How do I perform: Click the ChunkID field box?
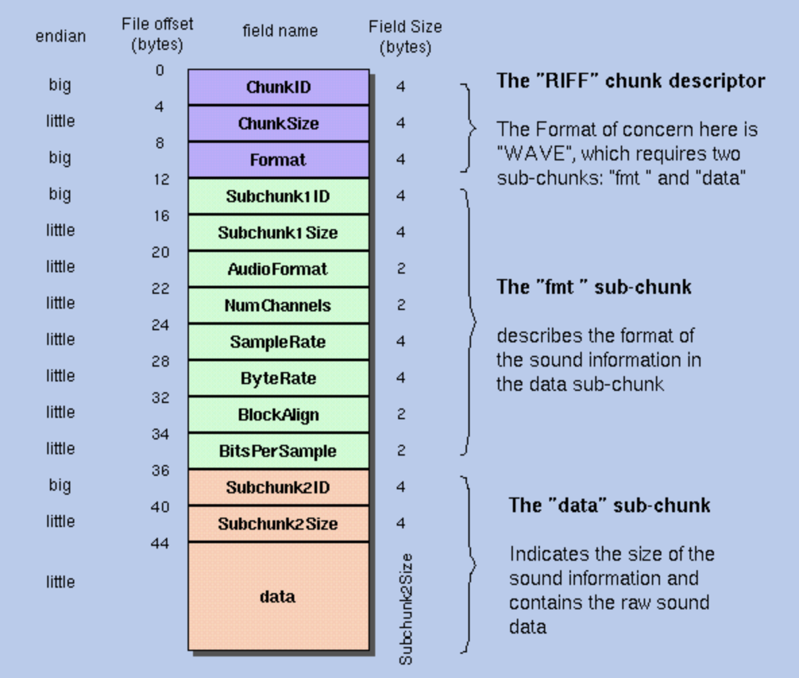pyautogui.click(x=278, y=87)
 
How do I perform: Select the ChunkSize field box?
pyautogui.click(x=278, y=123)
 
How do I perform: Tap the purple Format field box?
pyautogui.click(x=278, y=160)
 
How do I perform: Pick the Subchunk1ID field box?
pyautogui.click(x=278, y=196)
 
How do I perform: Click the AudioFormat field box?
pyautogui.click(x=278, y=269)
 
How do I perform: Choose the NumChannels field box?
pyautogui.click(x=278, y=305)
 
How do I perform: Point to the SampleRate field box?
pyautogui.click(x=278, y=342)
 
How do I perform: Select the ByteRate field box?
pyautogui.click(x=278, y=378)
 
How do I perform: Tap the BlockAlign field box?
pyautogui.click(x=278, y=414)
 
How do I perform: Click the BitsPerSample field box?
pyautogui.click(x=278, y=451)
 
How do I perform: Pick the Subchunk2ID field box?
pyautogui.click(x=278, y=487)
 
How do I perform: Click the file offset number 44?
pyautogui.click(x=160, y=543)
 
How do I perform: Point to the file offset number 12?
pyautogui.click(x=161, y=179)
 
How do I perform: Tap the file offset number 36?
pyautogui.click(x=160, y=470)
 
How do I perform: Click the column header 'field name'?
pyautogui.click(x=280, y=31)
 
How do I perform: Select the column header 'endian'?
pyautogui.click(x=61, y=36)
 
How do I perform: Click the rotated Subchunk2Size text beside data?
pyautogui.click(x=406, y=609)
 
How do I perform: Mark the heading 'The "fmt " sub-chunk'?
pyautogui.click(x=594, y=287)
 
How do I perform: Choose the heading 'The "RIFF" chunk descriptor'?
pyautogui.click(x=630, y=81)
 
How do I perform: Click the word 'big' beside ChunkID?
pyautogui.click(x=60, y=86)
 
